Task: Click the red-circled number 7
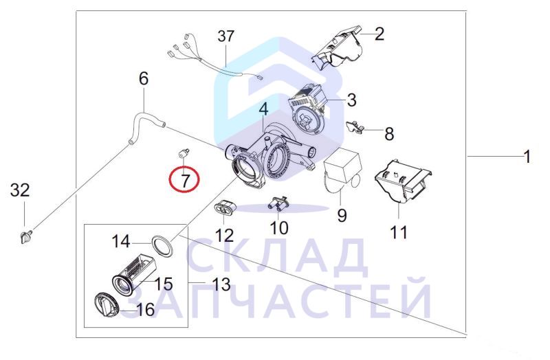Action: (x=184, y=180)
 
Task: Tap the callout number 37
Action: (x=225, y=36)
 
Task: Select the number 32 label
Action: (x=20, y=191)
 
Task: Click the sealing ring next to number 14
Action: (x=162, y=246)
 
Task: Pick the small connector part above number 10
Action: (x=278, y=203)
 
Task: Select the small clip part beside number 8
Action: (x=355, y=127)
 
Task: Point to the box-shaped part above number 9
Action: (x=341, y=169)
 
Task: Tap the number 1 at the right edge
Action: (x=527, y=157)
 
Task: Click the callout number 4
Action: (x=263, y=109)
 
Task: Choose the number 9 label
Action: (x=342, y=214)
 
